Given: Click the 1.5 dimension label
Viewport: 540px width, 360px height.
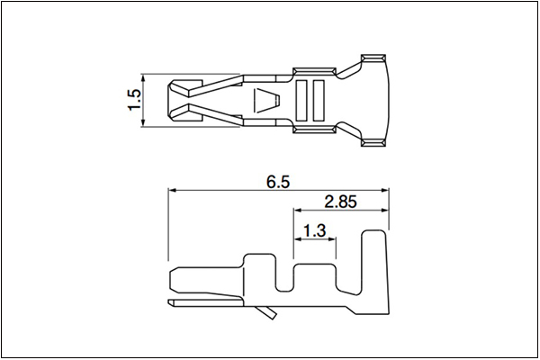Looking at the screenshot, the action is pos(135,100).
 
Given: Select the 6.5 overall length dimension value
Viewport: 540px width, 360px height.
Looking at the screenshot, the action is pos(278,182).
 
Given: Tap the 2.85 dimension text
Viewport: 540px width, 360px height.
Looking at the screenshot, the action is pos(340,202).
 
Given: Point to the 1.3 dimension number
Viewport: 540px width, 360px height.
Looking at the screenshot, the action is pos(314,230).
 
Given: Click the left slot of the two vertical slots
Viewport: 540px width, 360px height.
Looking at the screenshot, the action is pos(301,101).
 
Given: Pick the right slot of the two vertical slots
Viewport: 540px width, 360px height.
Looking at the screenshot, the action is pos(319,101).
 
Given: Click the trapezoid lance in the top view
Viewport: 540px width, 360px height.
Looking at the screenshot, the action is pos(266,100).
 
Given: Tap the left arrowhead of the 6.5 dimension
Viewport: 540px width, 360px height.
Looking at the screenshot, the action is pos(172,190).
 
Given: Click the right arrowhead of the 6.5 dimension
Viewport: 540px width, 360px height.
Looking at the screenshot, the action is pos(384,190).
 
